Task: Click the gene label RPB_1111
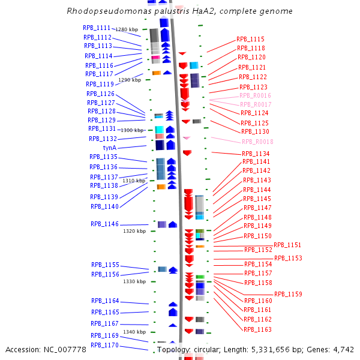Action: pos(97,28)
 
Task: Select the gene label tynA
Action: pos(110,148)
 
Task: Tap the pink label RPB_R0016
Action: pos(255,95)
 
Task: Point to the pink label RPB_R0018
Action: pos(257,142)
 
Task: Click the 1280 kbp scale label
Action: pos(127,29)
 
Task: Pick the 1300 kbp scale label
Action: pos(133,130)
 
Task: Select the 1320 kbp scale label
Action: pos(134,231)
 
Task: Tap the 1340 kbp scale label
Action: pos(134,332)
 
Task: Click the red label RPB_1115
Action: pos(250,39)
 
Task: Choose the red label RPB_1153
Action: pos(288,258)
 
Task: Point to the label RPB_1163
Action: pos(257,329)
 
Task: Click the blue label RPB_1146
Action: pos(105,224)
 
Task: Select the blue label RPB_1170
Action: pos(104,346)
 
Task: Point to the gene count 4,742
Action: pos(343,350)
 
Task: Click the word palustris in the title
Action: pos(158,11)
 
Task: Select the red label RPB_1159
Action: pos(288,294)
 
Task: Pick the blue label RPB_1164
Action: pos(105,301)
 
